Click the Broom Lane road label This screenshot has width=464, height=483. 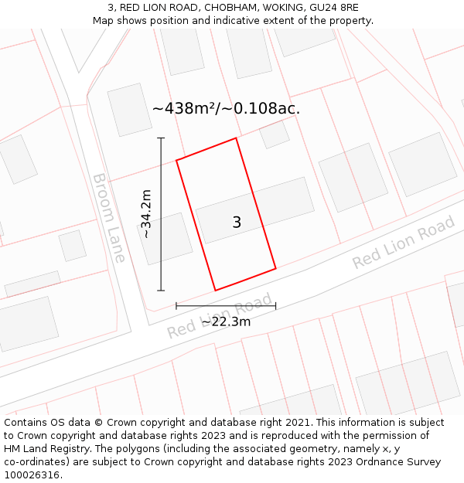pos(109,218)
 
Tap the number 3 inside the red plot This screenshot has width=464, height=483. pos(237,223)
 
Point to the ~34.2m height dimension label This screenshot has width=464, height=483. pos(146,213)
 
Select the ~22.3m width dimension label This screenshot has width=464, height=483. pos(226,321)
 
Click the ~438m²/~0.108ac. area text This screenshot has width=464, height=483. pos(226,109)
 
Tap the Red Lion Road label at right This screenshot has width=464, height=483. pos(403,243)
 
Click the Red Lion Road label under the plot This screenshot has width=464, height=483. pos(220,316)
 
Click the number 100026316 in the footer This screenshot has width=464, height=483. pos(31,475)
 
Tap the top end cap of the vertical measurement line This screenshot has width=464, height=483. pos(161,138)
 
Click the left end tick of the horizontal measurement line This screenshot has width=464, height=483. pos(176,306)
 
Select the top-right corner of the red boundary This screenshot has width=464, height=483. pos(236,138)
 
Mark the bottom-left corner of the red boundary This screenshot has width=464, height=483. pos(215,291)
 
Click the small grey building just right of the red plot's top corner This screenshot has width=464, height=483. pos(274,134)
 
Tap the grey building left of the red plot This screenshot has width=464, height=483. pos(165,238)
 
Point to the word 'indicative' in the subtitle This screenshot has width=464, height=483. pos(230,21)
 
